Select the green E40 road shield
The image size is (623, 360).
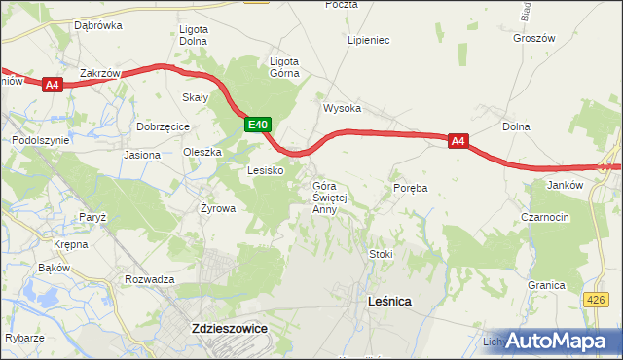click(256, 125)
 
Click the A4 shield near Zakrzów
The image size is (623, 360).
click(54, 86)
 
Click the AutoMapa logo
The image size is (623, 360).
click(561, 342)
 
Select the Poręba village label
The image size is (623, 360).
click(411, 186)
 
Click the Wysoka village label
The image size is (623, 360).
click(343, 108)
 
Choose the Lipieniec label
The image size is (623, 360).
click(369, 41)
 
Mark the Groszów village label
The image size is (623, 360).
click(532, 39)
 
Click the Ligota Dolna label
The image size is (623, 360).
click(194, 35)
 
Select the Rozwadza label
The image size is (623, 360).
click(149, 279)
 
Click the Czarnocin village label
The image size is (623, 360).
click(545, 218)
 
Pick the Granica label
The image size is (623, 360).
click(546, 285)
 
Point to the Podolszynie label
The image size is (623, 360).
click(41, 140)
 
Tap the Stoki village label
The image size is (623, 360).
click(380, 254)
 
